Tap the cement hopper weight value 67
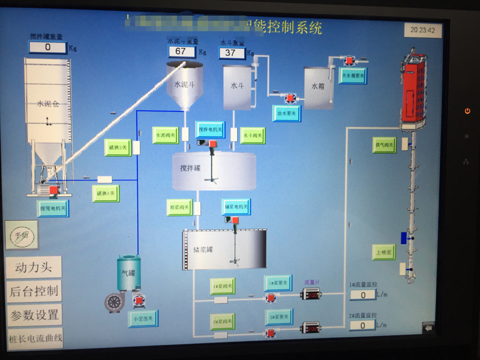point(181,52)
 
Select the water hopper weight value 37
point(232,53)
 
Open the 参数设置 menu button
point(34,314)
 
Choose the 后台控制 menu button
point(34,291)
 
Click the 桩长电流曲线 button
point(35,338)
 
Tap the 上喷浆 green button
point(384,251)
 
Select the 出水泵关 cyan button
point(287,113)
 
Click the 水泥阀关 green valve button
point(166,135)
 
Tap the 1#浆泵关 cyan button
point(278,283)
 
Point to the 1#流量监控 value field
point(362,294)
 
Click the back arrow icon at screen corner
point(428,327)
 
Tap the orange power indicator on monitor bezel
point(467,111)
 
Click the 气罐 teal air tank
point(129,273)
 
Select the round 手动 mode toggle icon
point(22,234)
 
